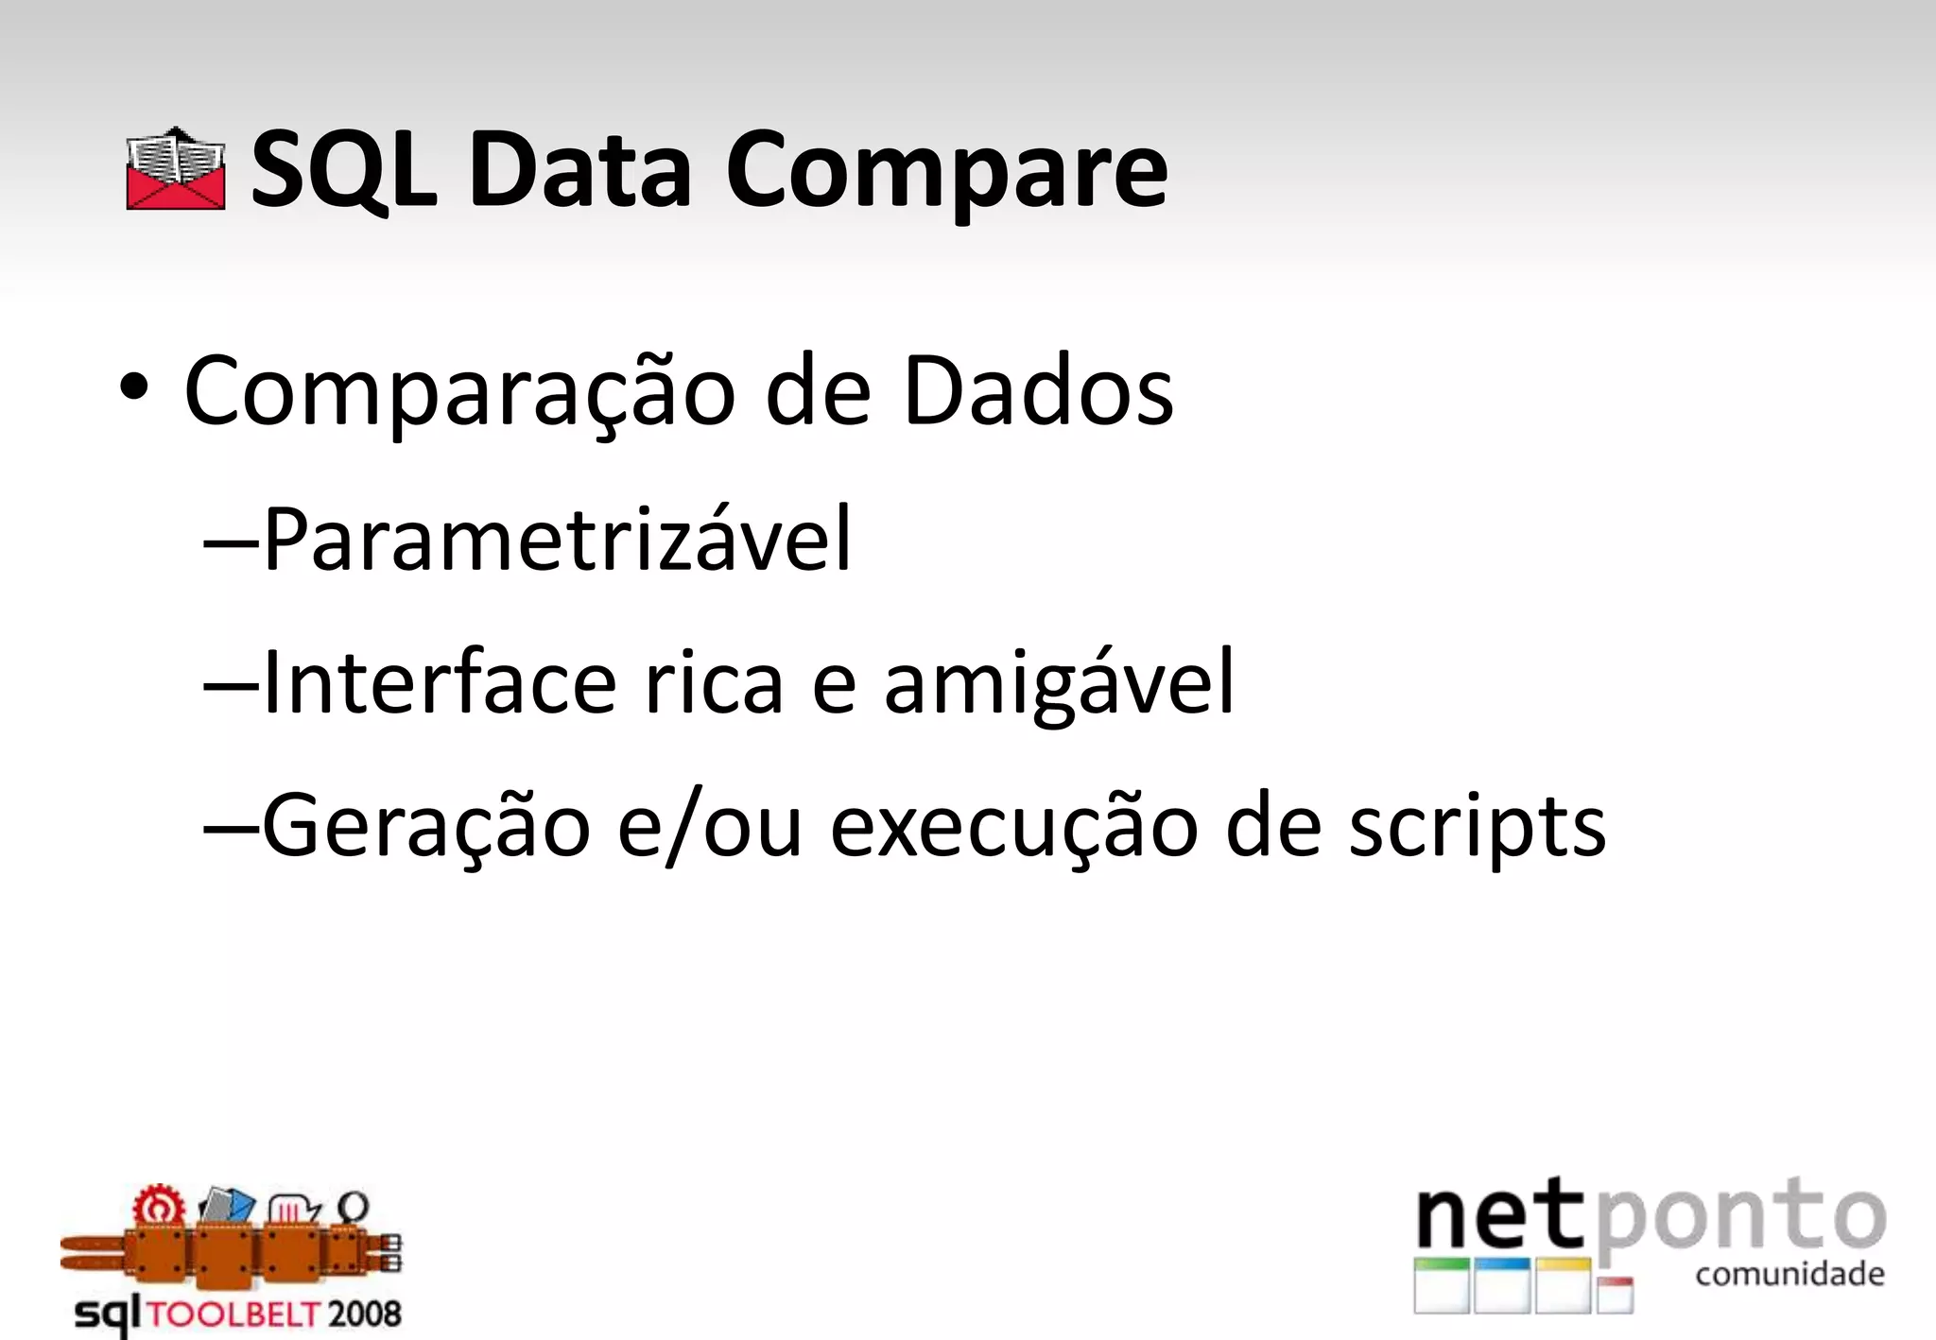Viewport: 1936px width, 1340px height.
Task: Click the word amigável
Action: pos(1059,684)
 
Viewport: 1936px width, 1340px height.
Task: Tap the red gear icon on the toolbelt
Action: pos(156,1207)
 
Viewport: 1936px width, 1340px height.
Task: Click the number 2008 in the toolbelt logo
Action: pos(364,1314)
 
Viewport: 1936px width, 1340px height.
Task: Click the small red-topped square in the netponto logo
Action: pos(1615,1294)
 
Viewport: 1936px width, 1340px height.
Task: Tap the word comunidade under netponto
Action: pos(1789,1275)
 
